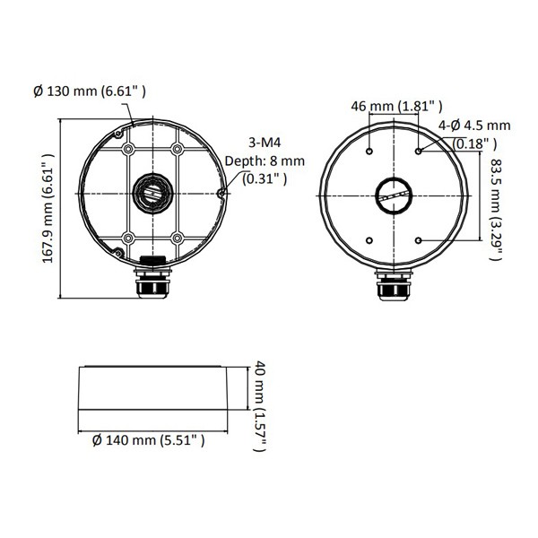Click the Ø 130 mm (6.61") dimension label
89,91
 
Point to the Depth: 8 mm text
277,161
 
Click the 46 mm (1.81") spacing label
394,106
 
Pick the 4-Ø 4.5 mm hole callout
474,126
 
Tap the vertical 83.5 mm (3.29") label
494,208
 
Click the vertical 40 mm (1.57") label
258,406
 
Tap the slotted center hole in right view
394,195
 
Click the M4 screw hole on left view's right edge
222,192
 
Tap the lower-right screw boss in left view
177,238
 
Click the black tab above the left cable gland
152,260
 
